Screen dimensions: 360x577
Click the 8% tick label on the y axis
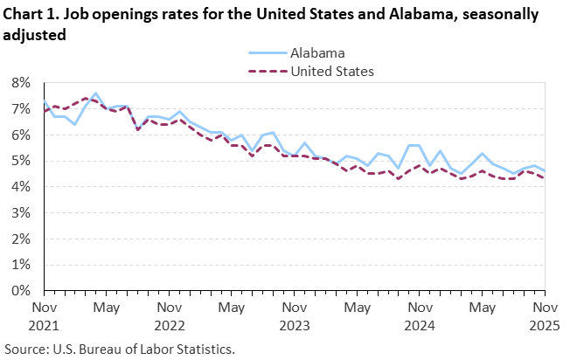click(x=21, y=83)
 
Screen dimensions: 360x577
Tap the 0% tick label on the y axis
click(x=21, y=290)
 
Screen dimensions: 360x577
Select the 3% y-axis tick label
click(x=21, y=212)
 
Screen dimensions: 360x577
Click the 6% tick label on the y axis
click(x=21, y=135)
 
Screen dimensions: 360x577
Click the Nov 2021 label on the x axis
click(x=44, y=315)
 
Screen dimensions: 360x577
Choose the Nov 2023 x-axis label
click(x=295, y=315)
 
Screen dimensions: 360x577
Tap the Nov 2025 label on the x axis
click(x=545, y=315)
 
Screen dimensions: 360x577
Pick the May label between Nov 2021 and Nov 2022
click(x=107, y=308)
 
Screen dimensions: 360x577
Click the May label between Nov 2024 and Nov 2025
click(x=483, y=308)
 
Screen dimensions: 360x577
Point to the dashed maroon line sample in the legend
click(x=269, y=72)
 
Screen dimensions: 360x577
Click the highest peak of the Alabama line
click(x=95, y=93)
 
